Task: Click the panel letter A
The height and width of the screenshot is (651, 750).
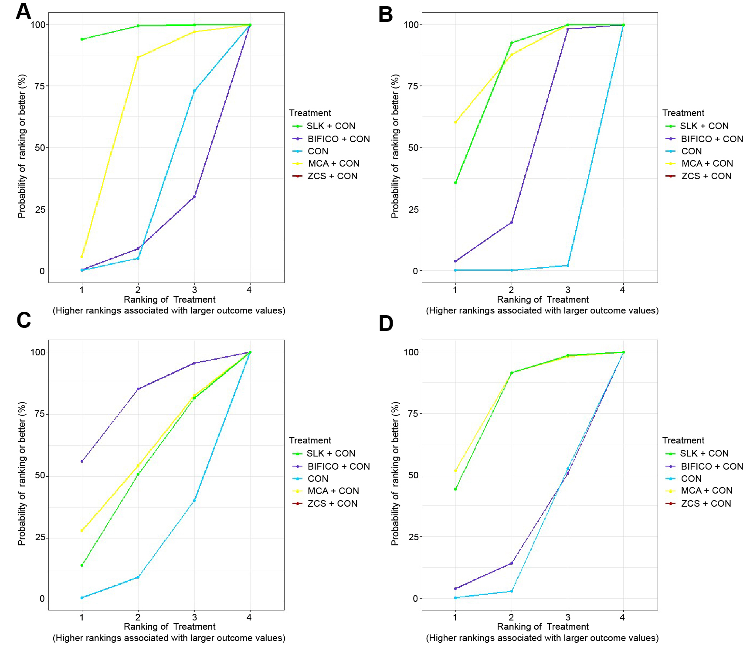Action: click(24, 11)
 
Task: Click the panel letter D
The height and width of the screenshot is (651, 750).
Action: click(386, 324)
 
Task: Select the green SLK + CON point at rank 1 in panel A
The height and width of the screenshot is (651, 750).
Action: click(82, 39)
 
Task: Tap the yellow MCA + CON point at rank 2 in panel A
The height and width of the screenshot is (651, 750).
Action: click(138, 57)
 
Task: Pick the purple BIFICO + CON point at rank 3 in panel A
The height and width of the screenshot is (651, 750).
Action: click(194, 197)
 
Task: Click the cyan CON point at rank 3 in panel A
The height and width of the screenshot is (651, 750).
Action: click(194, 91)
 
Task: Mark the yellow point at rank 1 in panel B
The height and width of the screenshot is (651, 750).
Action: click(455, 122)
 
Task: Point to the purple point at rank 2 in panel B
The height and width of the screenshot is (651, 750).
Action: click(511, 222)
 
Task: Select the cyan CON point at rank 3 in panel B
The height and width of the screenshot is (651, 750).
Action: click(567, 266)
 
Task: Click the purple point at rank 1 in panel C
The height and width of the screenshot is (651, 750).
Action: click(82, 461)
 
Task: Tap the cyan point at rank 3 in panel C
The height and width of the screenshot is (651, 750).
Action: click(194, 501)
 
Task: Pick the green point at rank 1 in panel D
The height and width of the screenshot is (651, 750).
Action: click(455, 489)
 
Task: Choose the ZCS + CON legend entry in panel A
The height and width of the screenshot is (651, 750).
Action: click(332, 176)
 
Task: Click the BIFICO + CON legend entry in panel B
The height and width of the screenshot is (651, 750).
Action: click(712, 139)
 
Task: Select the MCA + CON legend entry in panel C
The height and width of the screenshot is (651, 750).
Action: click(333, 491)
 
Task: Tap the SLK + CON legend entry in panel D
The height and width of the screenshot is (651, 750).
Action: click(704, 453)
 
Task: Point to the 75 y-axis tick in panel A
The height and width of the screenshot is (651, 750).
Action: click(40, 86)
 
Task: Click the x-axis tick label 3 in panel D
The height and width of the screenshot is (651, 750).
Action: click(567, 617)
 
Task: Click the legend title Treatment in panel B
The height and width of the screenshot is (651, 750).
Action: click(683, 113)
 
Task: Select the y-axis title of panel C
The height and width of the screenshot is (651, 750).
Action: click(22, 474)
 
